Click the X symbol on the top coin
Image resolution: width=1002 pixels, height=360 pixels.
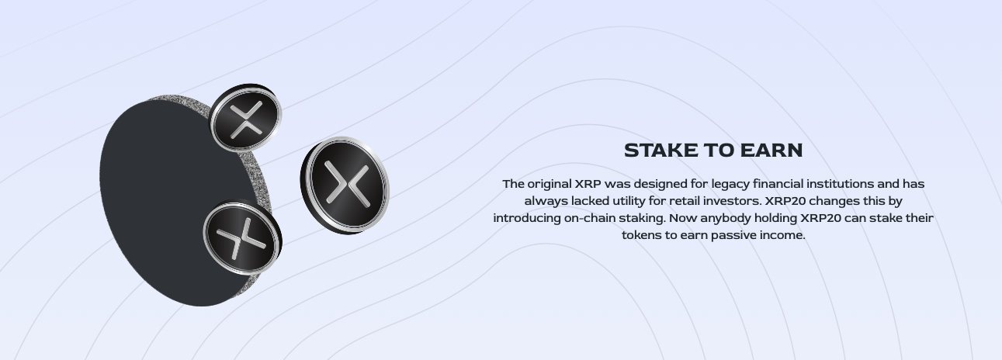(x=245, y=119)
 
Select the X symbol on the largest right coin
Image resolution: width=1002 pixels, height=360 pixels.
(x=348, y=184)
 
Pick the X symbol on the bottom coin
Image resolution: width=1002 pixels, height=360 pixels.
(x=241, y=238)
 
